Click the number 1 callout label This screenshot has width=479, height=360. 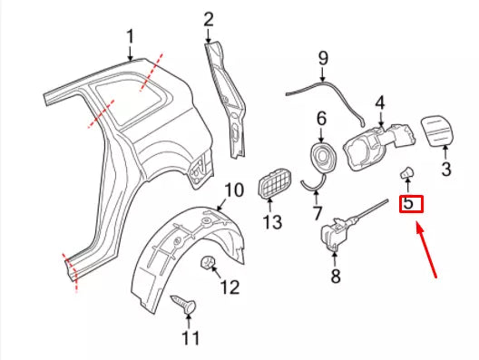pyautogui.click(x=130, y=36)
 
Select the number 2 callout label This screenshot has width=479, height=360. pyautogui.click(x=209, y=17)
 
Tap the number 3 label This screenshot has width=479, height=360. pyautogui.click(x=445, y=169)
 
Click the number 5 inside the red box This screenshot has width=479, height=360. pyautogui.click(x=409, y=204)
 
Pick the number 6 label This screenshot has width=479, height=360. pyautogui.click(x=320, y=119)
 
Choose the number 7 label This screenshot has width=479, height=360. pyautogui.click(x=317, y=214)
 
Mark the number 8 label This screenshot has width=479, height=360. pyautogui.click(x=335, y=275)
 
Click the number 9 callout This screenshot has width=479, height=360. pyautogui.click(x=321, y=60)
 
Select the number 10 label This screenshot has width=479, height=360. pyautogui.click(x=233, y=190)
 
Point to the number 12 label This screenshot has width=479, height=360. pyautogui.click(x=229, y=287)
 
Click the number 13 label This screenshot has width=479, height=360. pyautogui.click(x=273, y=222)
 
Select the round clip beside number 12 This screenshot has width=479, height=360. pyautogui.click(x=208, y=264)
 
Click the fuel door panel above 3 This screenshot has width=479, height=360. pyautogui.click(x=437, y=131)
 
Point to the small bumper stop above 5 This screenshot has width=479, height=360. pyautogui.click(x=407, y=172)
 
